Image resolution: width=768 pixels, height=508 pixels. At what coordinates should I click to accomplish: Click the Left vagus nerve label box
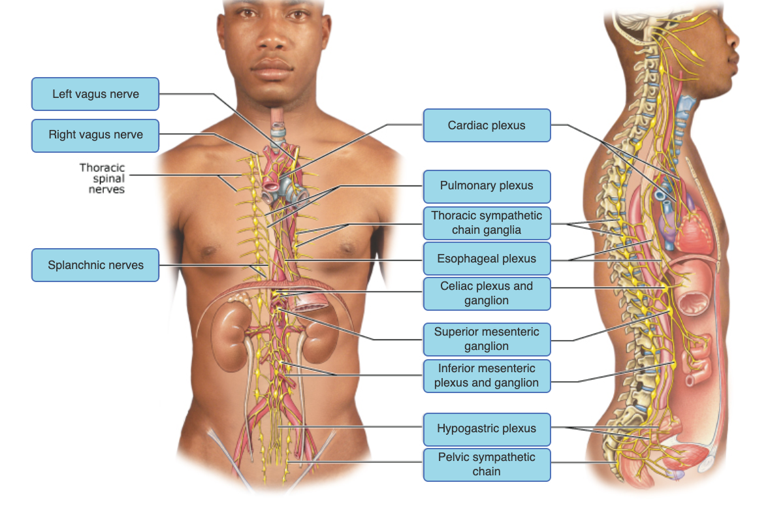[95, 94]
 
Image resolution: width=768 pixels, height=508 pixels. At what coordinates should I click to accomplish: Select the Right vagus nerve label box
[95, 135]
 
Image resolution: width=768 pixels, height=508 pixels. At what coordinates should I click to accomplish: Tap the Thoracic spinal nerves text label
[102, 178]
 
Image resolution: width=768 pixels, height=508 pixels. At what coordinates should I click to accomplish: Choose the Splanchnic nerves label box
[95, 265]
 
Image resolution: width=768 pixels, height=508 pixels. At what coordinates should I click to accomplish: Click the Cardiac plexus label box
[487, 125]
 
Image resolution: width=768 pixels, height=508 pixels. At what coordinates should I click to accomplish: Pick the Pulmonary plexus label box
[487, 186]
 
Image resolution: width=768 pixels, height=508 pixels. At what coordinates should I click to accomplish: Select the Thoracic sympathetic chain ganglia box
[487, 223]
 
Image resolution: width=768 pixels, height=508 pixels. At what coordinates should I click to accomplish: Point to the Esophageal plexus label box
[487, 259]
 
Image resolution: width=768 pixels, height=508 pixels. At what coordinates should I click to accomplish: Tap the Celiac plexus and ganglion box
[487, 294]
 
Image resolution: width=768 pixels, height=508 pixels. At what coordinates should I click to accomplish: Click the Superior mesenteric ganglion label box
[487, 339]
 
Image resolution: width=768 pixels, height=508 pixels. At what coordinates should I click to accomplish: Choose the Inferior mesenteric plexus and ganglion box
[487, 375]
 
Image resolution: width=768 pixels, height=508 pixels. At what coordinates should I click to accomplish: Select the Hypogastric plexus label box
[487, 429]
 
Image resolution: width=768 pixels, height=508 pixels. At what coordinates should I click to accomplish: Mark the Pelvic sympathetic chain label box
[487, 464]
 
